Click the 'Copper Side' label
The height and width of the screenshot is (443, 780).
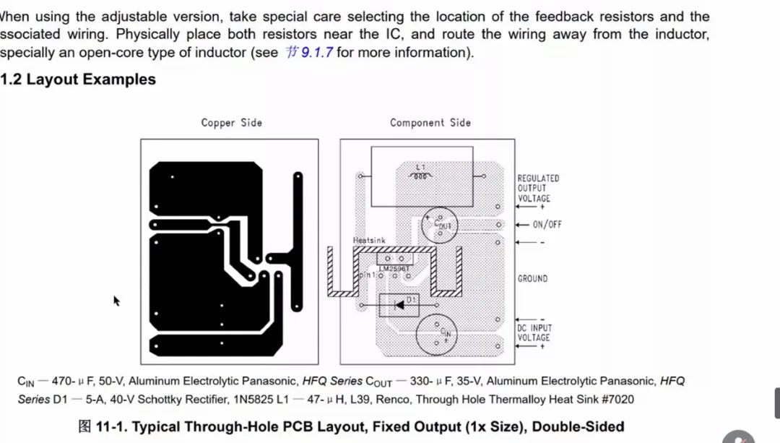(x=231, y=123)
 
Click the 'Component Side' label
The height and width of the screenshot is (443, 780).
(x=430, y=123)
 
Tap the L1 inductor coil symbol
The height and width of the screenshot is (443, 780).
(x=421, y=175)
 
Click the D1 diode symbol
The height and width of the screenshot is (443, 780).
(x=399, y=305)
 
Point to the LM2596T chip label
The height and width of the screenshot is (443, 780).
(x=394, y=269)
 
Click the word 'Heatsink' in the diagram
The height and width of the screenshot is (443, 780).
(x=369, y=240)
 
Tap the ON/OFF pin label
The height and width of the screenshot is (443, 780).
(x=547, y=225)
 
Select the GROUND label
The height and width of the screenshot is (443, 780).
(x=532, y=278)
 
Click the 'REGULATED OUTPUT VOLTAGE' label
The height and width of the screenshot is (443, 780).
(x=537, y=188)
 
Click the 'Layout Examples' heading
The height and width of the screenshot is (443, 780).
(x=90, y=79)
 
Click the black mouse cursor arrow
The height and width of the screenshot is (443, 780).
(x=116, y=300)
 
